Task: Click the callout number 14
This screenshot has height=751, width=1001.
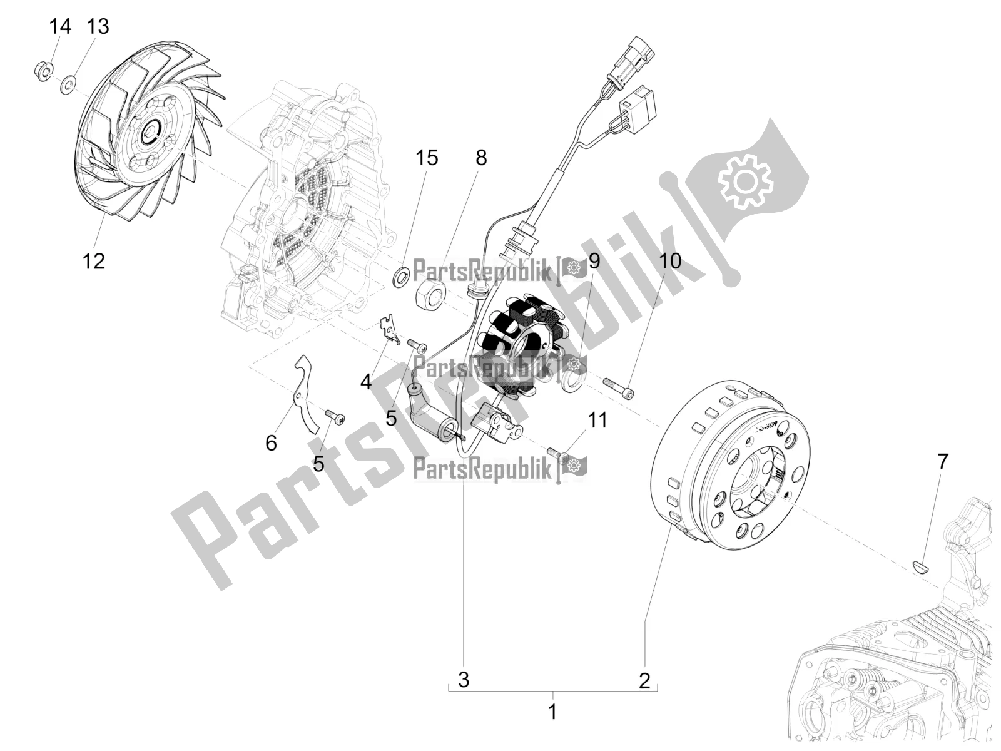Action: pyautogui.click(x=61, y=27)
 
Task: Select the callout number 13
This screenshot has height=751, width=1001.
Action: pyautogui.click(x=98, y=27)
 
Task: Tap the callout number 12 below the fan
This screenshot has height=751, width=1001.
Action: pyautogui.click(x=94, y=260)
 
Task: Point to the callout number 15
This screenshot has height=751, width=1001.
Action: pyautogui.click(x=427, y=158)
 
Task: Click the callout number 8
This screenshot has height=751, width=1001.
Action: pyautogui.click(x=480, y=158)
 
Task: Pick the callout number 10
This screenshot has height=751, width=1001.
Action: pyautogui.click(x=670, y=260)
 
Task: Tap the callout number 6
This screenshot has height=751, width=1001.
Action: pyautogui.click(x=271, y=443)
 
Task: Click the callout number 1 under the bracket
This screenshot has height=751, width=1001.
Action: pyautogui.click(x=552, y=712)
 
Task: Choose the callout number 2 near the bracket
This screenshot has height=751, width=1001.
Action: pyautogui.click(x=644, y=680)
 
